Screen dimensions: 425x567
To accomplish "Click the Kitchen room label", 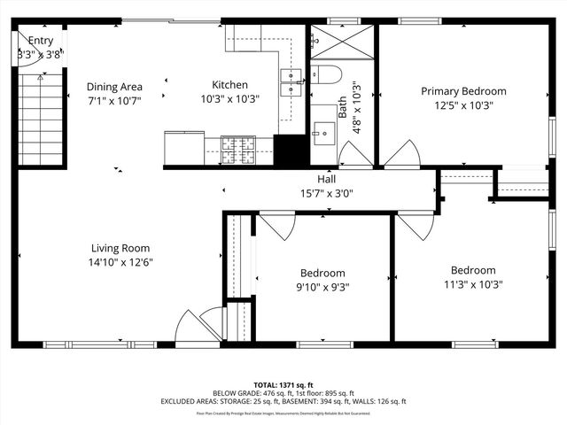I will [x=229, y=85].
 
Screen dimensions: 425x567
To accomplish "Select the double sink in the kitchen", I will [x=292, y=81].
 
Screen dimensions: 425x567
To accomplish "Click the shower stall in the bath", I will [x=341, y=42].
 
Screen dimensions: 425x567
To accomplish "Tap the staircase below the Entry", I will [x=41, y=120].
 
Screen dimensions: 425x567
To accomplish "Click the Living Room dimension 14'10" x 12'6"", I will [x=120, y=262].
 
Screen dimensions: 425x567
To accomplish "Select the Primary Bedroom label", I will [x=463, y=91].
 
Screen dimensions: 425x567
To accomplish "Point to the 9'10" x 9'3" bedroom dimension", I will [x=322, y=286].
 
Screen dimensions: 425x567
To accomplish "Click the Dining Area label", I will [x=114, y=87].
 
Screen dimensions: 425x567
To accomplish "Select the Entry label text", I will [x=41, y=41].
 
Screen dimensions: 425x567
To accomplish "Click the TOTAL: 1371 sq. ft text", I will [x=283, y=385].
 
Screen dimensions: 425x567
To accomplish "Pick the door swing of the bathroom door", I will [x=356, y=154].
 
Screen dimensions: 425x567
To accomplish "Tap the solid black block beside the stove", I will [x=289, y=150].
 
